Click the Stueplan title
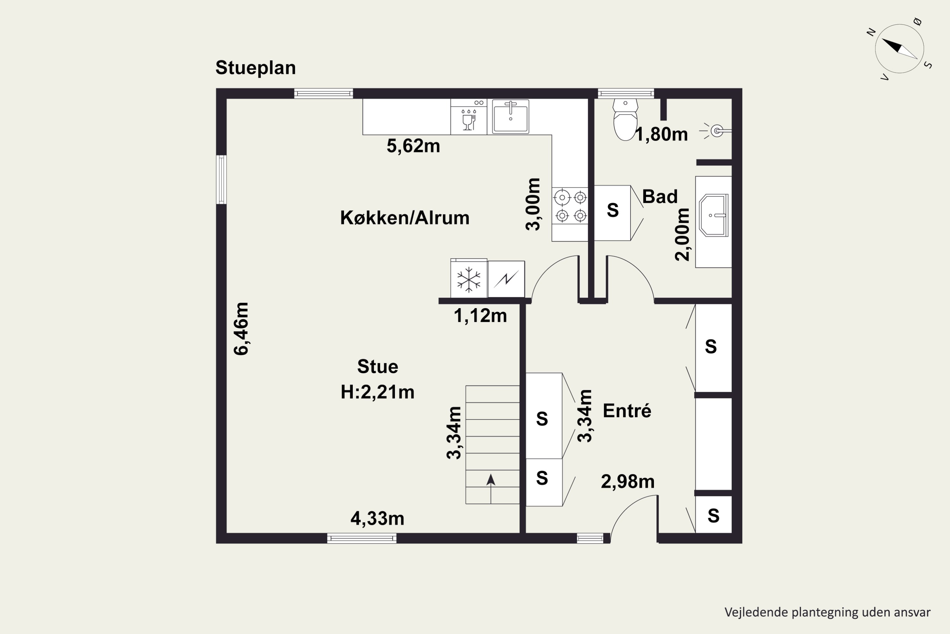point(255,68)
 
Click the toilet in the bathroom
point(625,120)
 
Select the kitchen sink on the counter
point(510,116)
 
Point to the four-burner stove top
point(570,207)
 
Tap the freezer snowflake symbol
point(469,279)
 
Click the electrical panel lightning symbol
point(506,279)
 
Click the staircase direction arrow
point(491,488)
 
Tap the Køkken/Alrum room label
point(405,218)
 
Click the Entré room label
point(627,411)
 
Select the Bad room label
point(660,197)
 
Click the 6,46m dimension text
point(241,329)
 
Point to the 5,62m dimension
point(413,146)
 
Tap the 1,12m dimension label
point(480,316)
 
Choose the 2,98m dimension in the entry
point(628,482)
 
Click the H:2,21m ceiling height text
point(378,392)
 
